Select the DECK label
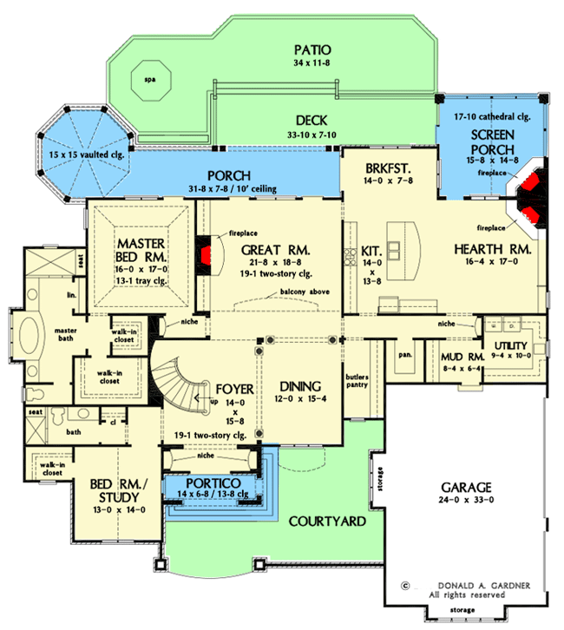click(310, 121)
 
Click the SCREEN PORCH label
click(492, 142)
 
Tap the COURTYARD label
click(327, 522)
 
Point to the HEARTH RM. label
click(492, 248)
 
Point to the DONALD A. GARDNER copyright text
click(477, 585)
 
